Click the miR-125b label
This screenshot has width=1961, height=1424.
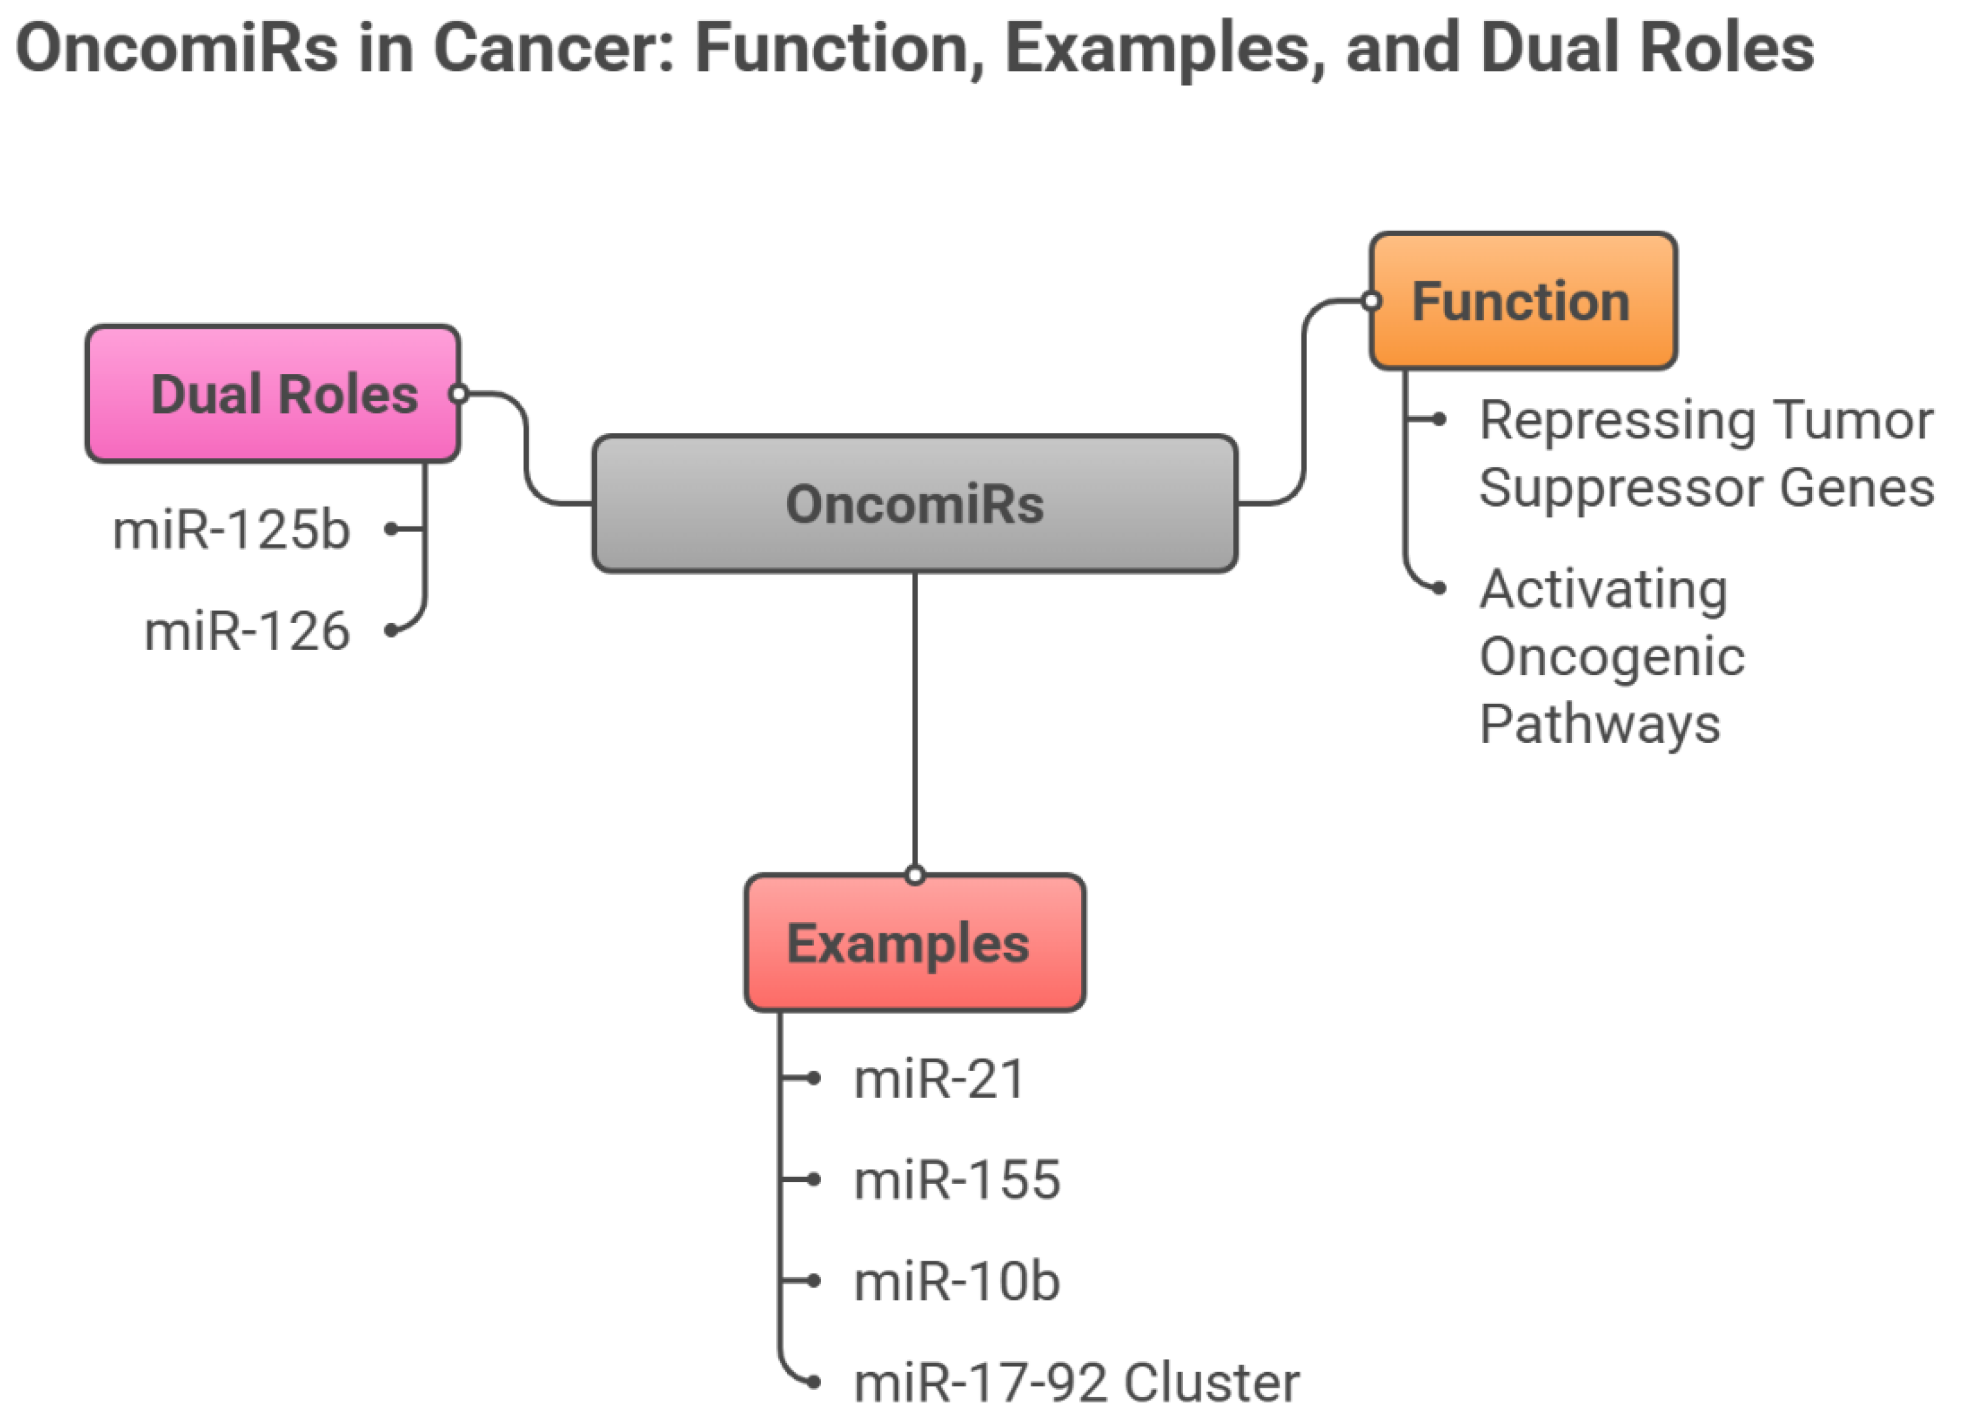click(232, 529)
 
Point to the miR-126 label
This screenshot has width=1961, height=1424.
click(247, 631)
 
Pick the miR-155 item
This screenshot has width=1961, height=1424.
click(956, 1180)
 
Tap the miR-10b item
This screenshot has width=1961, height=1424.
click(956, 1282)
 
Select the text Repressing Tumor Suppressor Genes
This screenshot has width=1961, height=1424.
click(1705, 454)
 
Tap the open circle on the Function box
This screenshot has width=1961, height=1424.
click(1371, 301)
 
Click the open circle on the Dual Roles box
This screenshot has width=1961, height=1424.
click(459, 394)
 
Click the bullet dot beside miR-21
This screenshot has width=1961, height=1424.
click(814, 1078)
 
